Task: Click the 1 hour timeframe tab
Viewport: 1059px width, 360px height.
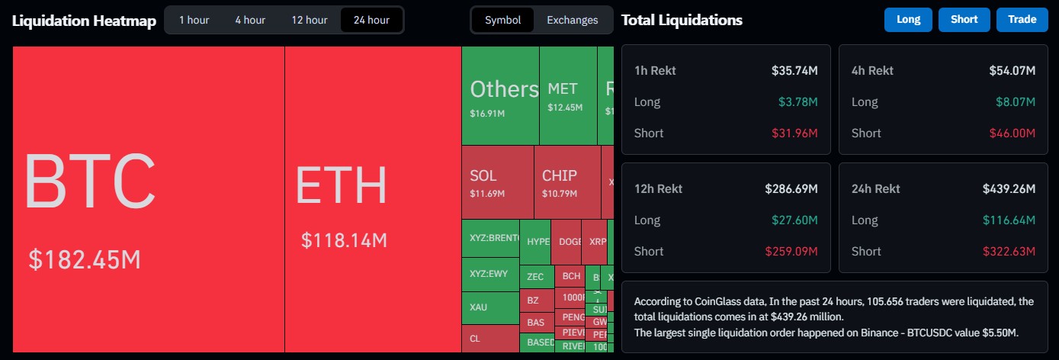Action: coord(194,20)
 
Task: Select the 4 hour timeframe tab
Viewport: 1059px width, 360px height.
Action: coord(249,20)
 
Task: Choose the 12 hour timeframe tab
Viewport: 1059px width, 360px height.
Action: coord(309,20)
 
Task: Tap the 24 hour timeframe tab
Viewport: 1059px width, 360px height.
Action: coord(371,20)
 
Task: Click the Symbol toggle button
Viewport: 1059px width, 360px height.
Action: coord(502,20)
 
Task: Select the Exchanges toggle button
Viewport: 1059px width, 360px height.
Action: coord(572,20)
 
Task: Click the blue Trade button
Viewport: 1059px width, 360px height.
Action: coord(1022,20)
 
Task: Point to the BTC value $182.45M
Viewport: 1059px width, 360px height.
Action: coord(85,259)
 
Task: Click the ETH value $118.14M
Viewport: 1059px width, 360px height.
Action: coord(344,241)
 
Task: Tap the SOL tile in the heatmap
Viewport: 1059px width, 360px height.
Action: coord(497,182)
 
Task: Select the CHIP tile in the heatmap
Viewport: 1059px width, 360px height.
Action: coord(566,182)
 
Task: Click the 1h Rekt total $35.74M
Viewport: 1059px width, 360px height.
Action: coord(794,71)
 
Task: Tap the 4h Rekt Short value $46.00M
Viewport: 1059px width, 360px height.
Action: coord(1012,133)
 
